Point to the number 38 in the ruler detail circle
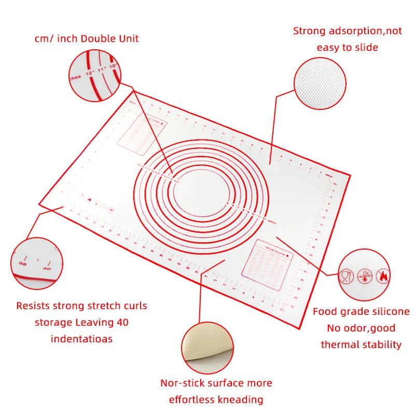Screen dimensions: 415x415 [x=22, y=264]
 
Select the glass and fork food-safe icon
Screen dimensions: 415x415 [x=344, y=275]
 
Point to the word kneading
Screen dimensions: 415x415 [x=239, y=399]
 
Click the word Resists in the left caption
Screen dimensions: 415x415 [x=34, y=306]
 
